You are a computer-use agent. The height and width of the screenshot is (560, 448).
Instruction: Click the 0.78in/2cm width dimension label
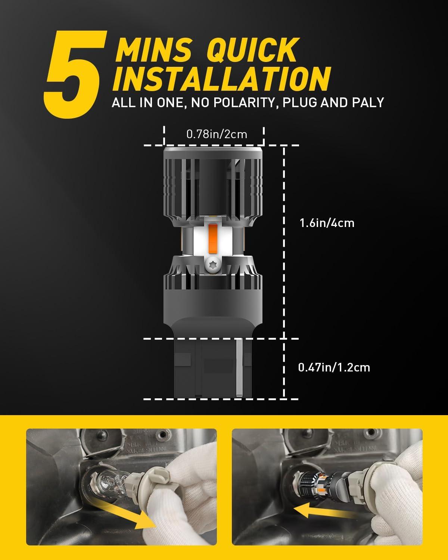click(x=217, y=134)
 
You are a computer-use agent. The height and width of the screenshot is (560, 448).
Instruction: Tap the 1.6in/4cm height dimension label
click(x=327, y=223)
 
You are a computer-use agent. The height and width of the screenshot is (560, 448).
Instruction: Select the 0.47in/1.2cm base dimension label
click(x=334, y=367)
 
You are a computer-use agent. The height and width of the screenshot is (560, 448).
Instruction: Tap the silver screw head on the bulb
click(x=212, y=265)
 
